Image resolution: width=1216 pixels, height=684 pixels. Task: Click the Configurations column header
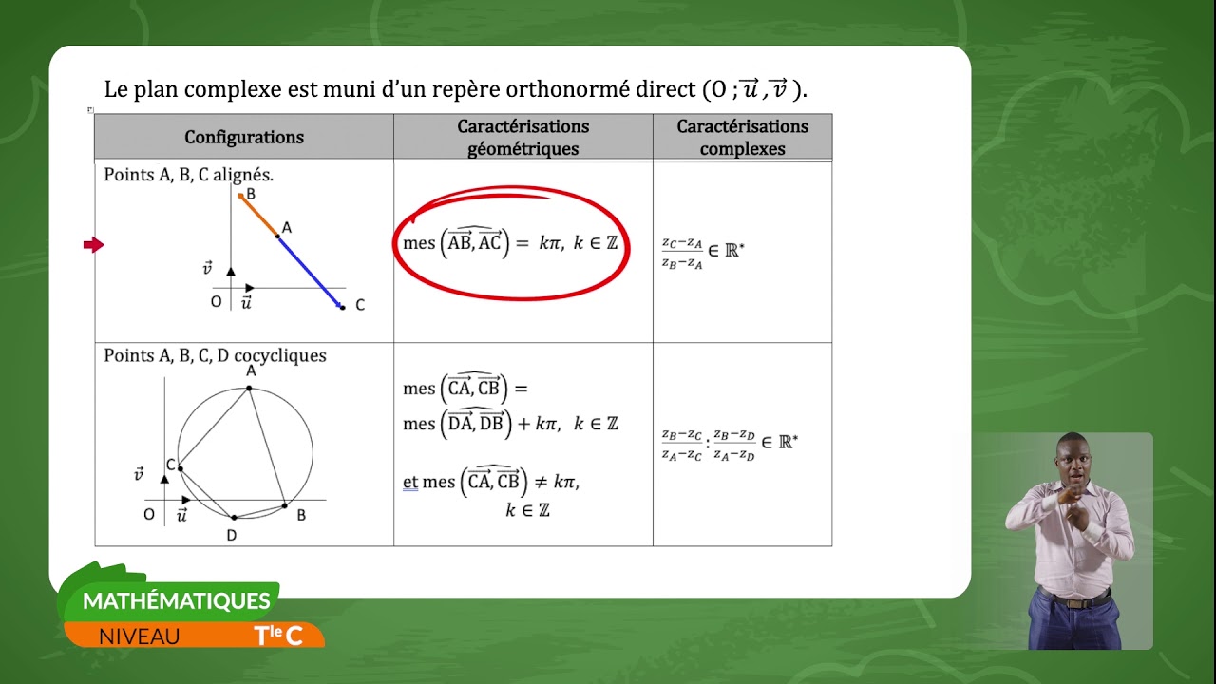click(x=244, y=137)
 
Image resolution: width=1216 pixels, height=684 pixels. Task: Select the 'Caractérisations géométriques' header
click(x=522, y=137)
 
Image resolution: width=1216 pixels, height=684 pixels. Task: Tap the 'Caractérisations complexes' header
click(x=742, y=137)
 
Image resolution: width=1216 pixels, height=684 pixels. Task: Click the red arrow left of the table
click(x=93, y=245)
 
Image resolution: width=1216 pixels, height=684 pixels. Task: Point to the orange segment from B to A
click(x=259, y=216)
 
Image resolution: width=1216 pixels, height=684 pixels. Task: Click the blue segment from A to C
click(x=311, y=272)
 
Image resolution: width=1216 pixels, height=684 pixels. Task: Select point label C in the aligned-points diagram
click(x=360, y=305)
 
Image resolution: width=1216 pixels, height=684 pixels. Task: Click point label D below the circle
click(x=231, y=536)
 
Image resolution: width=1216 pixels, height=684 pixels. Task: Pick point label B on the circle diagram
click(x=301, y=515)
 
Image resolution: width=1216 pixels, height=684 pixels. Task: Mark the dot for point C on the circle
click(x=179, y=467)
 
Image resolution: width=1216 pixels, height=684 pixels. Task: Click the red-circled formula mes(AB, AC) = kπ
click(x=510, y=242)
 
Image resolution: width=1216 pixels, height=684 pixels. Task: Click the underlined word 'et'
click(x=410, y=482)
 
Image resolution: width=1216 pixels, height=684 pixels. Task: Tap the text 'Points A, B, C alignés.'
click(x=189, y=175)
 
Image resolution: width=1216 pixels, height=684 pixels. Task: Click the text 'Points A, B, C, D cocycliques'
click(x=215, y=355)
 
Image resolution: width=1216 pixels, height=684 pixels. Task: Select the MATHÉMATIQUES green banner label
click(x=177, y=600)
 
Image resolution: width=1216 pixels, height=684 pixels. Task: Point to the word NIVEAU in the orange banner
click(x=139, y=636)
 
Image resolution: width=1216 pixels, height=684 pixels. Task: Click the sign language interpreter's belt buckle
click(x=1075, y=602)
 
